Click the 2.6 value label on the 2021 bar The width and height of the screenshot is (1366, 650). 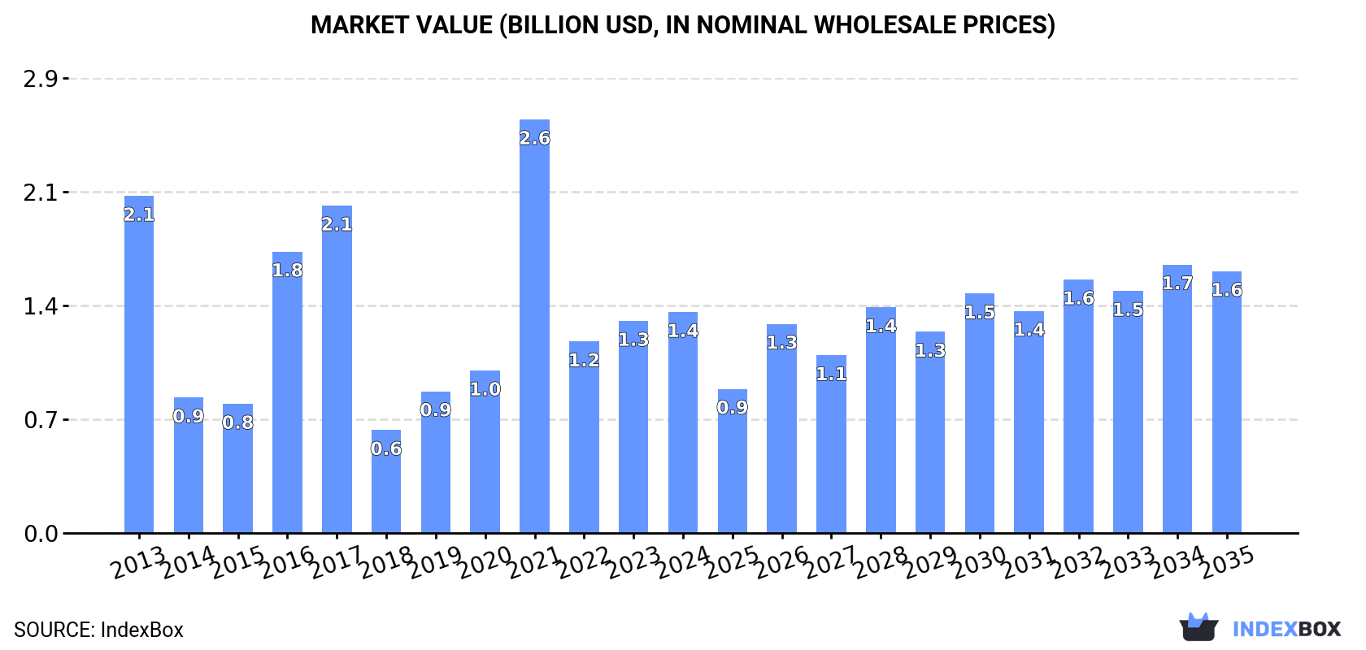click(x=534, y=138)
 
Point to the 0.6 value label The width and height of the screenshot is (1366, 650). click(x=386, y=448)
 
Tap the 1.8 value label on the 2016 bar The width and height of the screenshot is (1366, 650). click(x=287, y=271)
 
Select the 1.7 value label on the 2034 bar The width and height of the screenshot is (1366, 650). click(x=1177, y=284)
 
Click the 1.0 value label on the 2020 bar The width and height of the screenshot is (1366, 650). click(x=485, y=389)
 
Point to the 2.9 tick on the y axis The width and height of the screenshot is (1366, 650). click(x=41, y=79)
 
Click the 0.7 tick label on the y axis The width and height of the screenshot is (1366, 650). click(x=41, y=420)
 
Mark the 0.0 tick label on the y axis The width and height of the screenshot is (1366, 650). click(x=41, y=534)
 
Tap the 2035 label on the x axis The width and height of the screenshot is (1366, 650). click(x=1228, y=562)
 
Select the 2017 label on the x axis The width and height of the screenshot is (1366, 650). click(x=337, y=562)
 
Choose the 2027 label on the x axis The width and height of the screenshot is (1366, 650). click(x=832, y=562)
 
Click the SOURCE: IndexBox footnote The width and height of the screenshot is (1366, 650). click(x=98, y=630)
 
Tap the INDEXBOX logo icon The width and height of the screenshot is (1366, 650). click(x=1199, y=627)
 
